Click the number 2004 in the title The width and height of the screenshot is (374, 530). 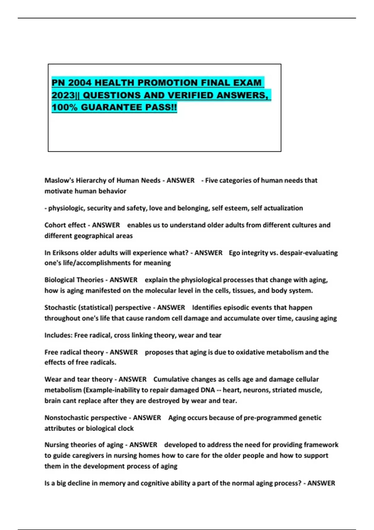pyautogui.click(x=79, y=83)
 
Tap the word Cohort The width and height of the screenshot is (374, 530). pyautogui.click(x=54, y=225)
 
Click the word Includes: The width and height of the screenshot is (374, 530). pyautogui.click(x=58, y=335)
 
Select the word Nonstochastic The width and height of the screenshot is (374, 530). pyautogui.click(x=64, y=418)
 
